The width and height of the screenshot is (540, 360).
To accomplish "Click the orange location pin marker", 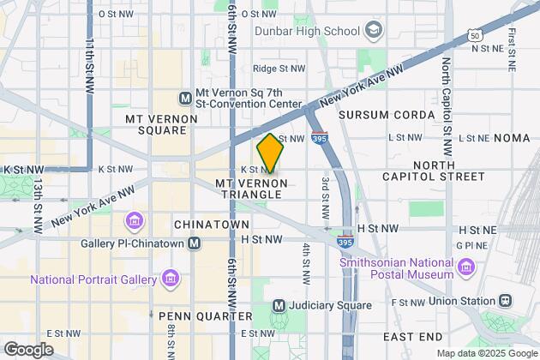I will (x=270, y=153).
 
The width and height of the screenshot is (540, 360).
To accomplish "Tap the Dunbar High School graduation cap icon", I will (x=373, y=32).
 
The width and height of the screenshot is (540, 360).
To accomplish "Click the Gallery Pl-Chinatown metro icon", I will (x=195, y=243).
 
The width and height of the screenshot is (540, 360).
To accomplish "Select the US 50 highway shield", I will (x=475, y=35).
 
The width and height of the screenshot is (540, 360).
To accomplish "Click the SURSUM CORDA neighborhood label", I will (x=376, y=114).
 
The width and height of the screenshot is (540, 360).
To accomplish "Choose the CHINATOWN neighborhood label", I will (x=204, y=224).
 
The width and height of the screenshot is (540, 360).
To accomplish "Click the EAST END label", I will (x=412, y=336).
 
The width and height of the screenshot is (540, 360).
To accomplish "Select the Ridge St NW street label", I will (x=279, y=68).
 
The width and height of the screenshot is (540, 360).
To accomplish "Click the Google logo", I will (x=28, y=349).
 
